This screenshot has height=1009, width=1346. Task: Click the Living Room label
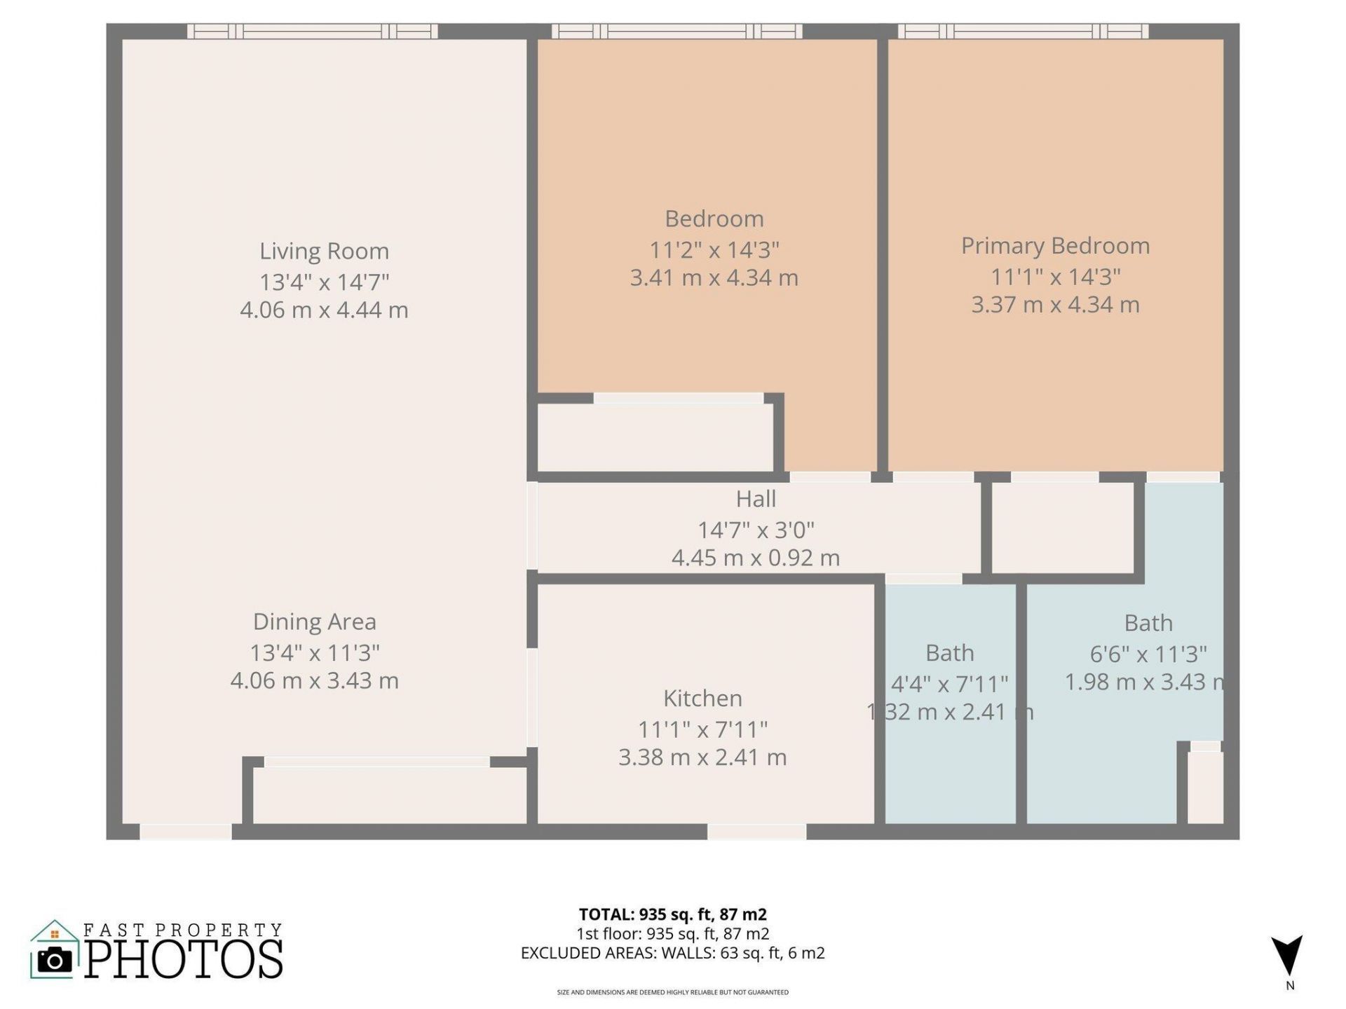[324, 251]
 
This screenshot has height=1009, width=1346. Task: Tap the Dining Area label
[314, 622]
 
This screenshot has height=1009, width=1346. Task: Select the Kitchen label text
[702, 698]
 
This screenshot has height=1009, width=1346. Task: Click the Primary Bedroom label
[1055, 246]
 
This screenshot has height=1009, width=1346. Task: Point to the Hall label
[756, 499]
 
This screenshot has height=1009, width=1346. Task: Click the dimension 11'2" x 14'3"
[714, 249]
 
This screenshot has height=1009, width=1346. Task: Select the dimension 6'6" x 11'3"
[1148, 654]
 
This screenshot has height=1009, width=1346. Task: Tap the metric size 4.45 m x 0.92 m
[755, 558]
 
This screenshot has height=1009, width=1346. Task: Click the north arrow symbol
[1289, 954]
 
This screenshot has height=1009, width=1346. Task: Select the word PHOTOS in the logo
[184, 959]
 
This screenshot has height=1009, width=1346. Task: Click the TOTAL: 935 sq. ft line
[672, 914]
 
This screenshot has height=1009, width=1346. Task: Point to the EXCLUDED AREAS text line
[672, 953]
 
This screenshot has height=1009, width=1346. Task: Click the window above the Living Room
[313, 31]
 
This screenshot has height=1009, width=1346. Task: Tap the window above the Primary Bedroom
[1023, 31]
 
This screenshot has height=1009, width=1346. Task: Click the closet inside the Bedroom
[655, 438]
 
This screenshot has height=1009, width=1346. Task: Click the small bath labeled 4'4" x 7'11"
[950, 757]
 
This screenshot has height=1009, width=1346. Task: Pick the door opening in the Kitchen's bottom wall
[756, 832]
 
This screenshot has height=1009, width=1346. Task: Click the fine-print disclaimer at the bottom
[672, 992]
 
